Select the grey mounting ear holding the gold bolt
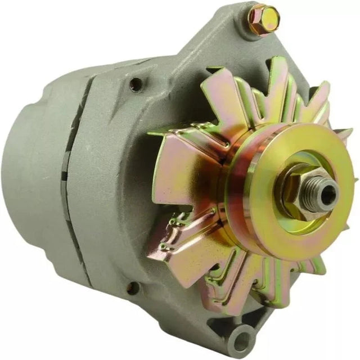(x=236, y=39)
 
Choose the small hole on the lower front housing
(x=133, y=289)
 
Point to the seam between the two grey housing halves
(x=76, y=169)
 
